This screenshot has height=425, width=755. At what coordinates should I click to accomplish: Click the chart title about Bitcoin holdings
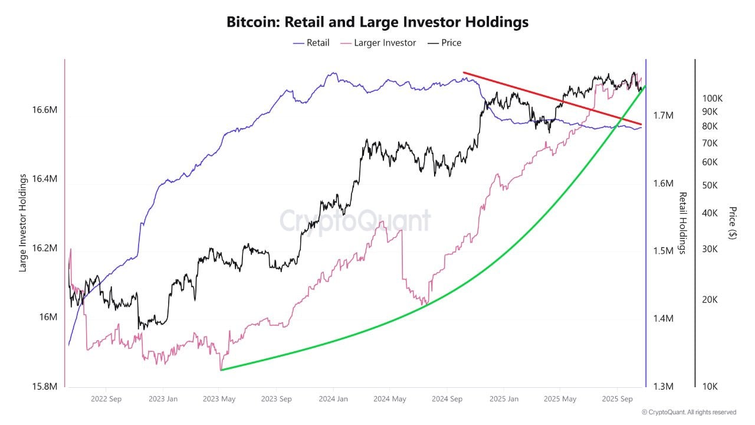click(x=377, y=22)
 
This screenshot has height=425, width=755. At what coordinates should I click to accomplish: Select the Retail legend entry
click(x=318, y=42)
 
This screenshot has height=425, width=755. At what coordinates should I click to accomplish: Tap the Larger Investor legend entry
click(x=385, y=42)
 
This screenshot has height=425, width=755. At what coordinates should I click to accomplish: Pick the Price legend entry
click(x=451, y=42)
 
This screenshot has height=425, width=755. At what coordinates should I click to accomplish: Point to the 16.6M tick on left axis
click(x=45, y=110)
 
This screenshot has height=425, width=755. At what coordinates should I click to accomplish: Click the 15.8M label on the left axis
click(x=45, y=387)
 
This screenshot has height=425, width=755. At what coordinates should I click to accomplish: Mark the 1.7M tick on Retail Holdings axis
click(x=664, y=115)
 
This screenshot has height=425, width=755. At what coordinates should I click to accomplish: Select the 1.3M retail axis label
click(x=664, y=387)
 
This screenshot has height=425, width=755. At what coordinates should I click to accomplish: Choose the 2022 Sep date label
click(x=107, y=399)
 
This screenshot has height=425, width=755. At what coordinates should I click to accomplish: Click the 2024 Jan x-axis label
click(x=333, y=399)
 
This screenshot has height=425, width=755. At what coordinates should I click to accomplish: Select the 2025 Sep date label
click(x=617, y=399)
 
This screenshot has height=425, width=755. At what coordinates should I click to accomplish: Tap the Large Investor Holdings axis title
click(x=24, y=223)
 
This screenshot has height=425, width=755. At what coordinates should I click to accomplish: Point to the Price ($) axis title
click(x=733, y=223)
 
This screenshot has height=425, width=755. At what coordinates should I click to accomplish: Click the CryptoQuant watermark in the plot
click(x=354, y=221)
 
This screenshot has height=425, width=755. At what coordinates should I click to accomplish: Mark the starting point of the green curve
click(x=221, y=370)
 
